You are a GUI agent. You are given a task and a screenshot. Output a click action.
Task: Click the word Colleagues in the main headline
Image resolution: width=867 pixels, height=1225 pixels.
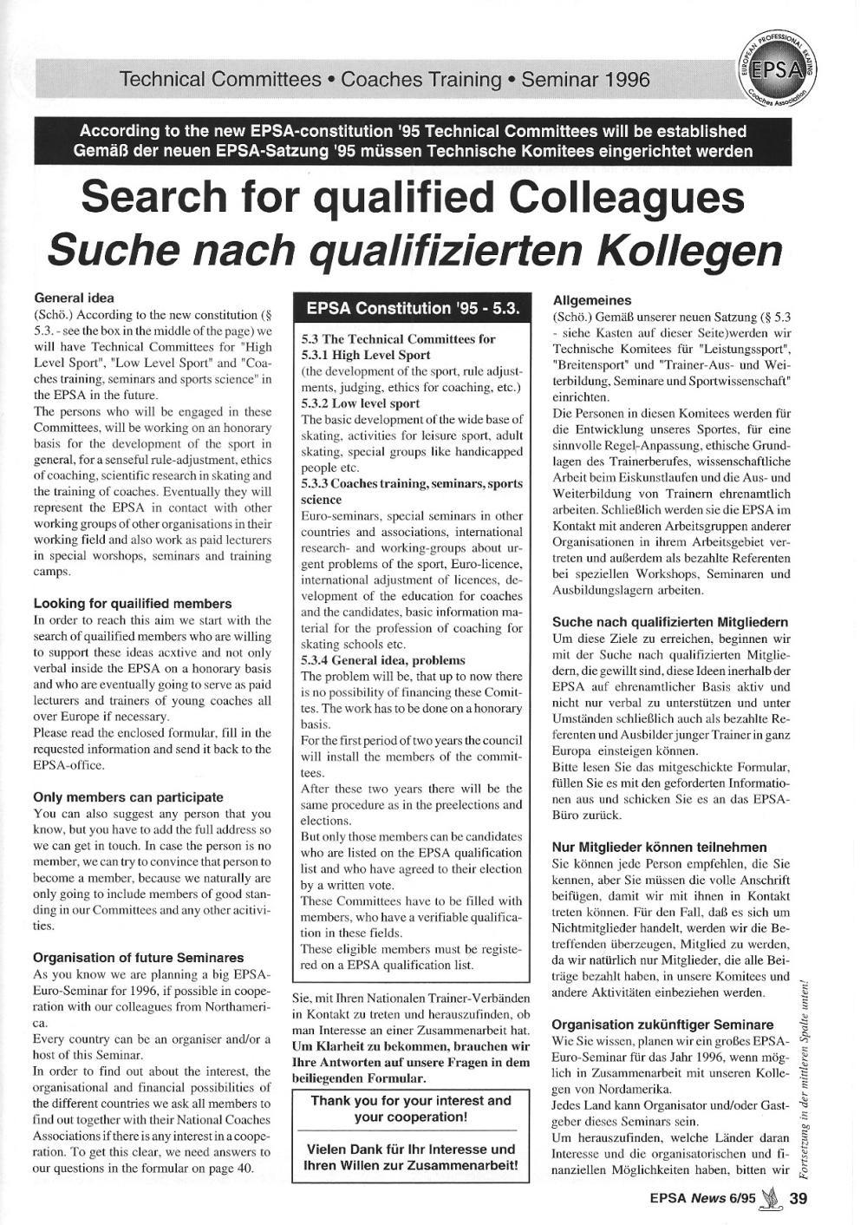(626, 198)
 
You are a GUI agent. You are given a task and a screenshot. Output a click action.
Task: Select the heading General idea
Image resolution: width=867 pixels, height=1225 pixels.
(74, 298)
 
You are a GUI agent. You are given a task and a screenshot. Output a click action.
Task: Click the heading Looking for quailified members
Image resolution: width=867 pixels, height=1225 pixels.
(133, 603)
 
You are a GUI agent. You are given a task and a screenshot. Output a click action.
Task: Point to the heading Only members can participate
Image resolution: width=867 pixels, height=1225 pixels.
(128, 796)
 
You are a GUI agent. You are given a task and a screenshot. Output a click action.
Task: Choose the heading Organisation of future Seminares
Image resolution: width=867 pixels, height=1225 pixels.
(139, 958)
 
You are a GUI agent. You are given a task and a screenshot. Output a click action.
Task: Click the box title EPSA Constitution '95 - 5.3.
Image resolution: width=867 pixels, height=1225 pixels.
(412, 308)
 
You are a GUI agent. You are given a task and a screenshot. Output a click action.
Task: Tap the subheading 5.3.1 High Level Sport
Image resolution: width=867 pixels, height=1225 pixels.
(366, 355)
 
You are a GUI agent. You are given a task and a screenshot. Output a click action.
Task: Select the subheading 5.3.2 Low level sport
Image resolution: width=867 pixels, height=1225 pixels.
(361, 403)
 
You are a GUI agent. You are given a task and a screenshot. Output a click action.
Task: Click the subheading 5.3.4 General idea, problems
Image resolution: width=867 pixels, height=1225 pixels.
(383, 660)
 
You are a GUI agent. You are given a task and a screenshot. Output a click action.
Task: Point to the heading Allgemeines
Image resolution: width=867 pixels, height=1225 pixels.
(592, 300)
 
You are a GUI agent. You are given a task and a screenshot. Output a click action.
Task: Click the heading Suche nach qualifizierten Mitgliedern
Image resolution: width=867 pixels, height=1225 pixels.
(670, 622)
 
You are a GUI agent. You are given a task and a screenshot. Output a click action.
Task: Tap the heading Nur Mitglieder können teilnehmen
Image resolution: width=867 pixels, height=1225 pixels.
(659, 847)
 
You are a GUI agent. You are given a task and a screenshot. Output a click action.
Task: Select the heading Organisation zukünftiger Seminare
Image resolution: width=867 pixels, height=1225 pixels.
(663, 1024)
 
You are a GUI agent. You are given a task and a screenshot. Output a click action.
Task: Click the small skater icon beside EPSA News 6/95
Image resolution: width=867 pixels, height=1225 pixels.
(769, 1200)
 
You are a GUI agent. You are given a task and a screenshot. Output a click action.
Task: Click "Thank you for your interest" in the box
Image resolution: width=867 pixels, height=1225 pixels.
(412, 1100)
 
